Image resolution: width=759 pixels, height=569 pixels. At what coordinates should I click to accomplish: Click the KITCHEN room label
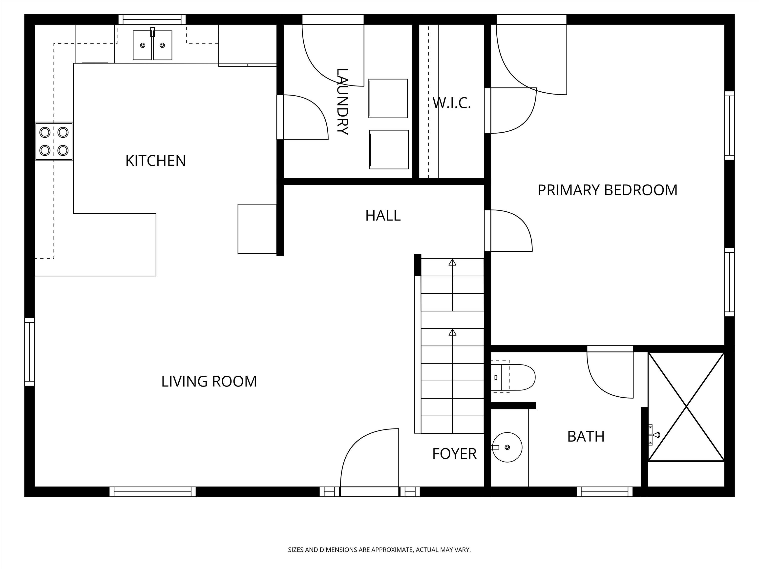click(155, 161)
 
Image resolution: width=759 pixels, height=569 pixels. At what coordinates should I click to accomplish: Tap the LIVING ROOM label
click(209, 381)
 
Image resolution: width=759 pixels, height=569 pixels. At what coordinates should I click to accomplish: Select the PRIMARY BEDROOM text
click(607, 190)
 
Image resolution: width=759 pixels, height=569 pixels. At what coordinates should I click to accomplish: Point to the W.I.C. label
click(452, 103)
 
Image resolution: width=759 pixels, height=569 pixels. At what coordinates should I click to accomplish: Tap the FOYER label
click(454, 454)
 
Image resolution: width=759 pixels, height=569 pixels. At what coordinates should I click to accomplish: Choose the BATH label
click(586, 437)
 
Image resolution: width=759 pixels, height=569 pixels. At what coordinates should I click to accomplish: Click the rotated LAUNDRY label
click(342, 102)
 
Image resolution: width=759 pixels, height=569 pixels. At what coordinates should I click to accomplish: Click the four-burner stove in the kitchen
click(54, 141)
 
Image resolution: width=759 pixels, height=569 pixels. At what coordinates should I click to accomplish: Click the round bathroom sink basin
click(507, 447)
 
